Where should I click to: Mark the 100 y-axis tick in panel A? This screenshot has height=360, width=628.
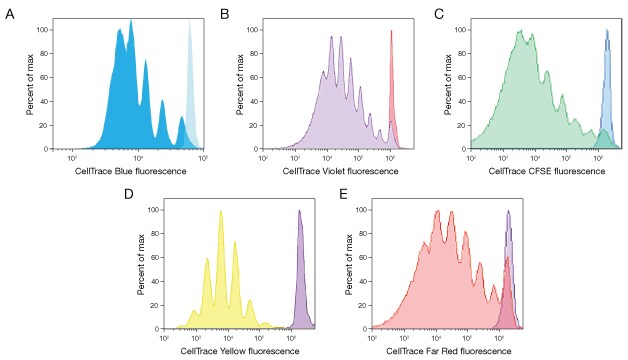pos(41,29)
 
